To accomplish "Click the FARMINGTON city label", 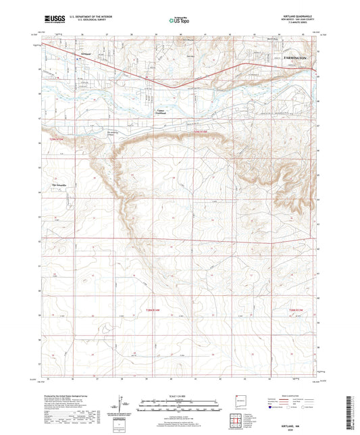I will point(301,59).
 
